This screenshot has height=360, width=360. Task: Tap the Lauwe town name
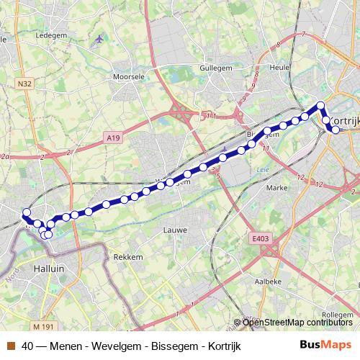click(175, 230)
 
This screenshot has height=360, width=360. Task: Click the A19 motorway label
click(112, 137)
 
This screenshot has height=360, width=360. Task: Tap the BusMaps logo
click(325, 345)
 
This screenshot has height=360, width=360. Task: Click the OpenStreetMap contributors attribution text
click(297, 323)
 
